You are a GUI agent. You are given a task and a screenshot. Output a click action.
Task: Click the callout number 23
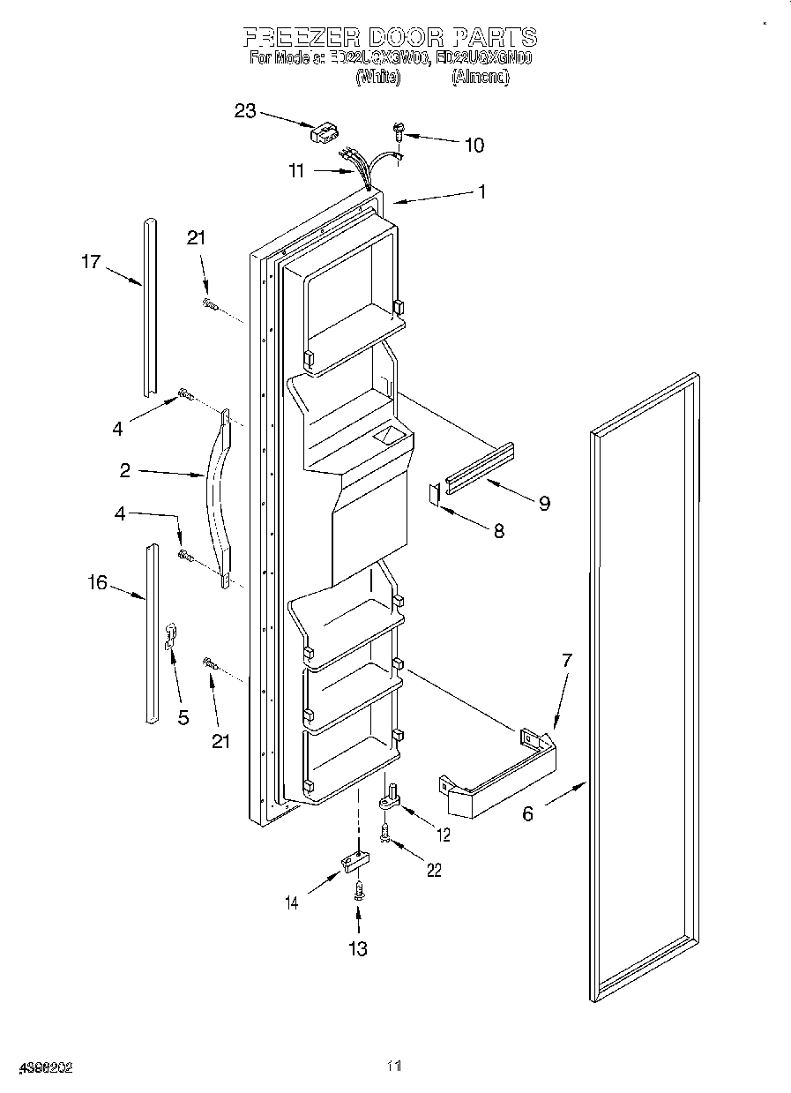[x=244, y=111]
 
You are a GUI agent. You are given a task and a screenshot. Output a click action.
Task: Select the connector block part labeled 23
[x=323, y=132]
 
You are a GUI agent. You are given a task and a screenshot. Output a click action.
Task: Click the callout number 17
[x=91, y=261]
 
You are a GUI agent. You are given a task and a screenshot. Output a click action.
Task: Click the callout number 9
[x=544, y=503]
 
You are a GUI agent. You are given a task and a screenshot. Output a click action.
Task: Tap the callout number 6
[x=527, y=813]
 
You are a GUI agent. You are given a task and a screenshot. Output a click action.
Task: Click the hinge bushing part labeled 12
[x=388, y=799]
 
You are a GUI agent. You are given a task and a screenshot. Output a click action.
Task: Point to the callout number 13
[x=357, y=948]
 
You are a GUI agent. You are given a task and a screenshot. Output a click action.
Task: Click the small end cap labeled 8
[x=434, y=494]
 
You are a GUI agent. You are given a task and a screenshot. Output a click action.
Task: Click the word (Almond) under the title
[x=480, y=77]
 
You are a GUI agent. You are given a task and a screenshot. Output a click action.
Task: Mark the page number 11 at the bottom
[x=394, y=1067]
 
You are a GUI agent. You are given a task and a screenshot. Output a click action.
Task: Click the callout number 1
[x=481, y=190]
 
